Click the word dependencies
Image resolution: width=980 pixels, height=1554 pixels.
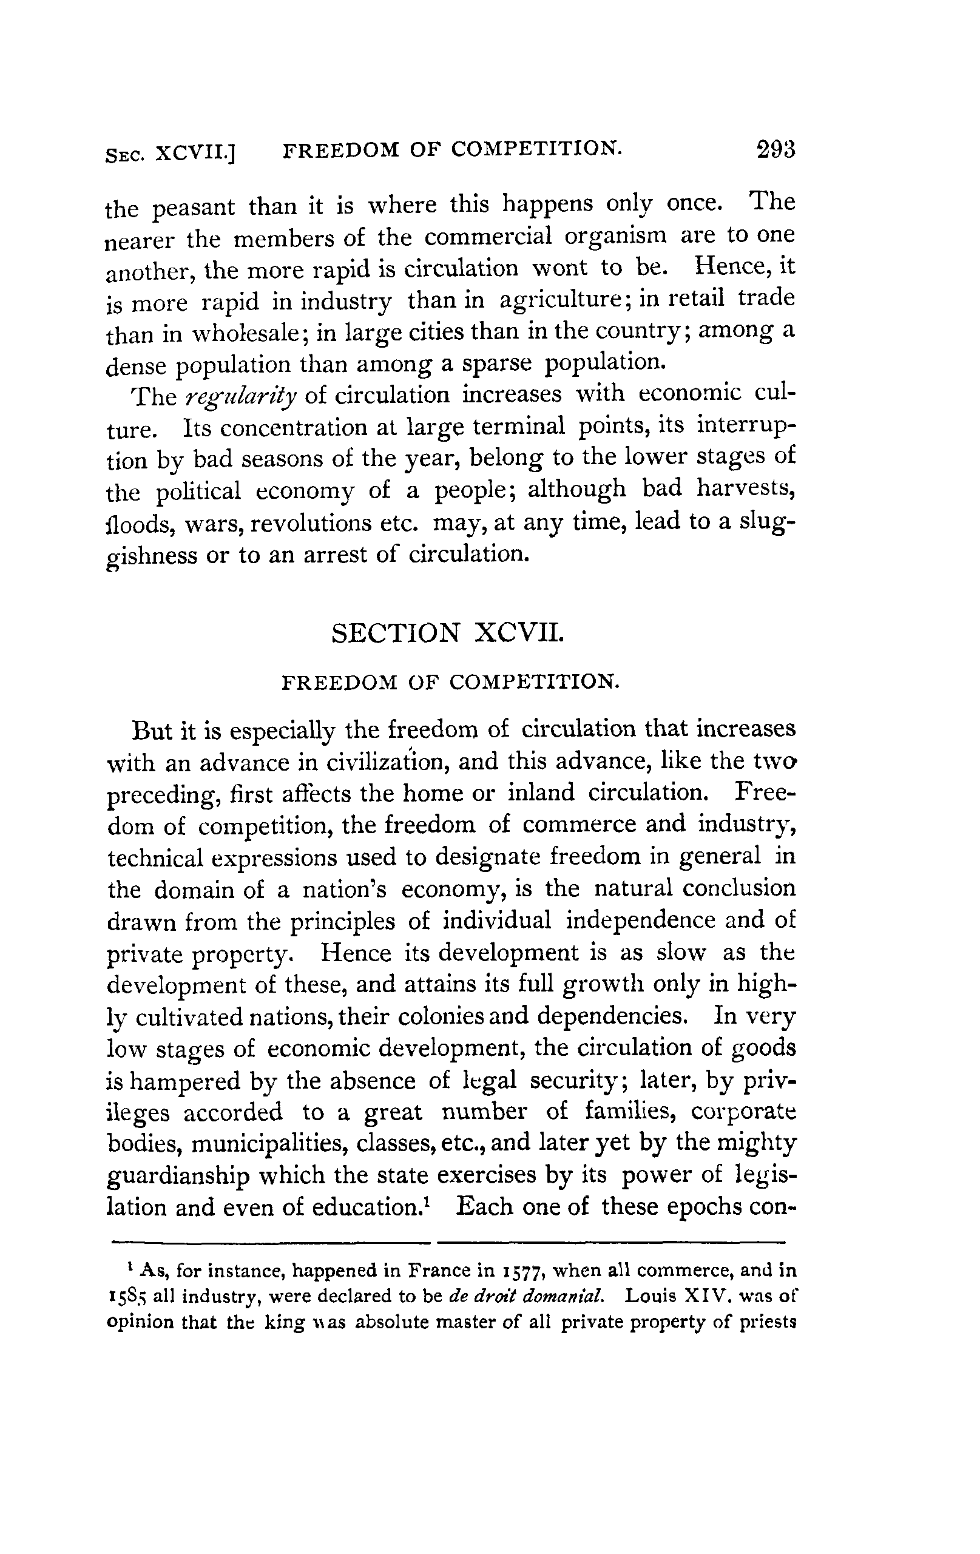pos(610,1017)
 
